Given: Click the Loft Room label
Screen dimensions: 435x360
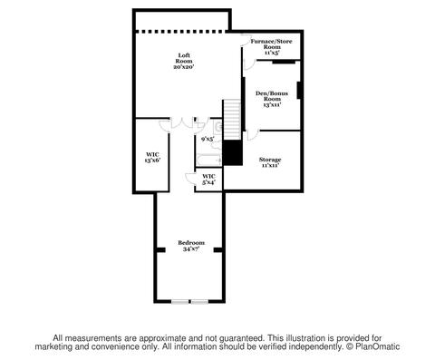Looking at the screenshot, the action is click(184, 58).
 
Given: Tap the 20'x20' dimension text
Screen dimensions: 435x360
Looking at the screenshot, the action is click(184, 67).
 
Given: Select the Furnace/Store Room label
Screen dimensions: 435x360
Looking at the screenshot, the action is click(272, 44).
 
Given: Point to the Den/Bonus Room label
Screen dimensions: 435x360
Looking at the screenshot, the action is click(272, 96).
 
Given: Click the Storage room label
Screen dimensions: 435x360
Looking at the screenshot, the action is click(270, 160).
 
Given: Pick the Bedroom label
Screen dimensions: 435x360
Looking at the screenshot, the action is click(191, 243).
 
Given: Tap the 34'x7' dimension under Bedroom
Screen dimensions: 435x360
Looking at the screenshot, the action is click(191, 249).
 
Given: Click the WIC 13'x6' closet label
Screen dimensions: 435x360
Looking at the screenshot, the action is click(152, 158).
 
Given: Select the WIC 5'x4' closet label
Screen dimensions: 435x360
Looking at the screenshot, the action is click(208, 180).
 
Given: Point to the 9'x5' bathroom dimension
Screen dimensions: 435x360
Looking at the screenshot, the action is click(208, 139).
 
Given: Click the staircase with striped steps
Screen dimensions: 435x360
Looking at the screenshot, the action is click(232, 120).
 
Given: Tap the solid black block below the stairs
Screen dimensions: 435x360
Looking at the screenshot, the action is click(233, 152).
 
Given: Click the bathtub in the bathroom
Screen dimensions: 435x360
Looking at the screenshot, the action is click(209, 160).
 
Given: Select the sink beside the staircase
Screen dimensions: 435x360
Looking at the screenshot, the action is click(218, 127).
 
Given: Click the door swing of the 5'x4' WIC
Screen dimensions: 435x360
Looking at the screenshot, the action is click(189, 179).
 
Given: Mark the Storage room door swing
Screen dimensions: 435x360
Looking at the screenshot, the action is click(253, 135).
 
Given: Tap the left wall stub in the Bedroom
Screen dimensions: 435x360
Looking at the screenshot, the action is click(160, 250).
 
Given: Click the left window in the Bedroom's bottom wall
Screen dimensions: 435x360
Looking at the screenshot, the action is click(180, 301).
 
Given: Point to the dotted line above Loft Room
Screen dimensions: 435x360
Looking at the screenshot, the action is click(180, 31).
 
